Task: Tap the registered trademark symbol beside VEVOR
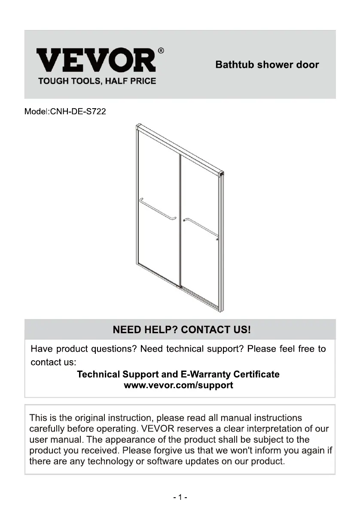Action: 161,51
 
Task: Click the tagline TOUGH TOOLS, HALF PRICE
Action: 97,81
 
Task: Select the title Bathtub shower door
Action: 267,65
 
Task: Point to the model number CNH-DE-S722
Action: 78,112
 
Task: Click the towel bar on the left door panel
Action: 157,210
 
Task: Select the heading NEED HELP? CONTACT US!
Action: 181,330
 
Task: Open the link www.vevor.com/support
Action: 178,385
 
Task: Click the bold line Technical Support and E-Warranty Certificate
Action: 178,374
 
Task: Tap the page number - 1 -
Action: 180,497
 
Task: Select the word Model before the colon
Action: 36,112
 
